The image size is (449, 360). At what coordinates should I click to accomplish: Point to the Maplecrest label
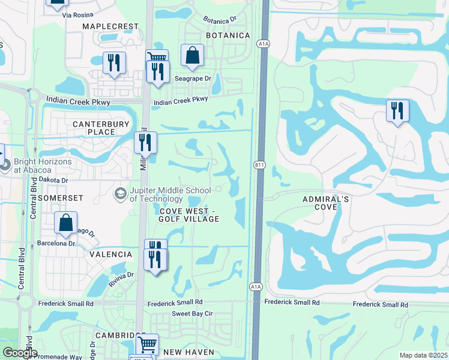[x=110, y=26]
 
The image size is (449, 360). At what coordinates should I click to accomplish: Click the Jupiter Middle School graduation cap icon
[x=120, y=194]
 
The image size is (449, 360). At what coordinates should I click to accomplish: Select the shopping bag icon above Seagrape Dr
[x=191, y=56]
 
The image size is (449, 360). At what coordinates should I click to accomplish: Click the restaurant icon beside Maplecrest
[x=113, y=62]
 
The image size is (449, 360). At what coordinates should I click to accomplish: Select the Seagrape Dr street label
[x=193, y=79]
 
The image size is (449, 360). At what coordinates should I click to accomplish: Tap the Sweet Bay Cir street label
[x=193, y=314]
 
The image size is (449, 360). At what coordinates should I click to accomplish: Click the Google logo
[x=20, y=353]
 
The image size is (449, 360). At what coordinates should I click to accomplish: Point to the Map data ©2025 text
[x=423, y=355]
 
